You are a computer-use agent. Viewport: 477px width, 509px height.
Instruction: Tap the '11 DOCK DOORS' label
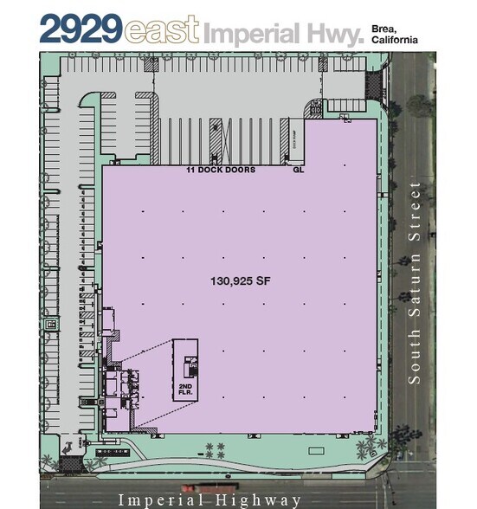click(221, 171)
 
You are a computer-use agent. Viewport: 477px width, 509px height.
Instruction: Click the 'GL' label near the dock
click(299, 171)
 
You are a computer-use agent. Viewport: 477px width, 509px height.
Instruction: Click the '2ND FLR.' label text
click(184, 389)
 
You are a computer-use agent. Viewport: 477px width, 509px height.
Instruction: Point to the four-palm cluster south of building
click(214, 449)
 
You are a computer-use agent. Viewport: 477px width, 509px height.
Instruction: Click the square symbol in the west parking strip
click(52, 324)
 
